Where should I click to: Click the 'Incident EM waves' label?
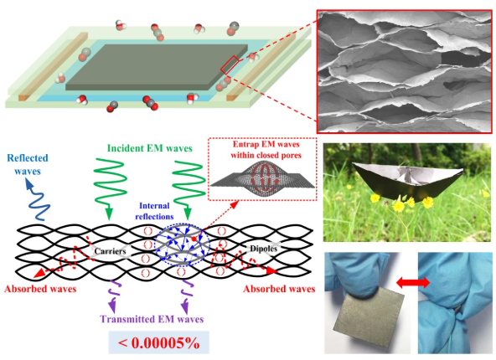pos(150,148)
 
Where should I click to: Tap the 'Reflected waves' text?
pos(28,164)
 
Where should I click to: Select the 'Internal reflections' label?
pos(154,211)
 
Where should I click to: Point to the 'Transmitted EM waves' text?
pos(152,319)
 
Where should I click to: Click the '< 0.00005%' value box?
pos(159,342)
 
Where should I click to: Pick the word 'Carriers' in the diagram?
pos(110,251)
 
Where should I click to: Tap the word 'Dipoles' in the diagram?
pos(263,249)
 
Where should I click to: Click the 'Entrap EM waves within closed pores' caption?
pos(266,150)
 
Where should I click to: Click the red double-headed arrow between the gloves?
pos(413,282)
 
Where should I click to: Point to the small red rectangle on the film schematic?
pos(230,64)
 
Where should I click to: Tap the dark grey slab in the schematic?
pos(157,67)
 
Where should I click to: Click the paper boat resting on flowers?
pos(408,181)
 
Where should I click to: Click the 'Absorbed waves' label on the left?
pos(40,289)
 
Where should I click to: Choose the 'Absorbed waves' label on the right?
pos(279,289)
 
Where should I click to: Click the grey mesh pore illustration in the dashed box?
pos(262,178)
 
